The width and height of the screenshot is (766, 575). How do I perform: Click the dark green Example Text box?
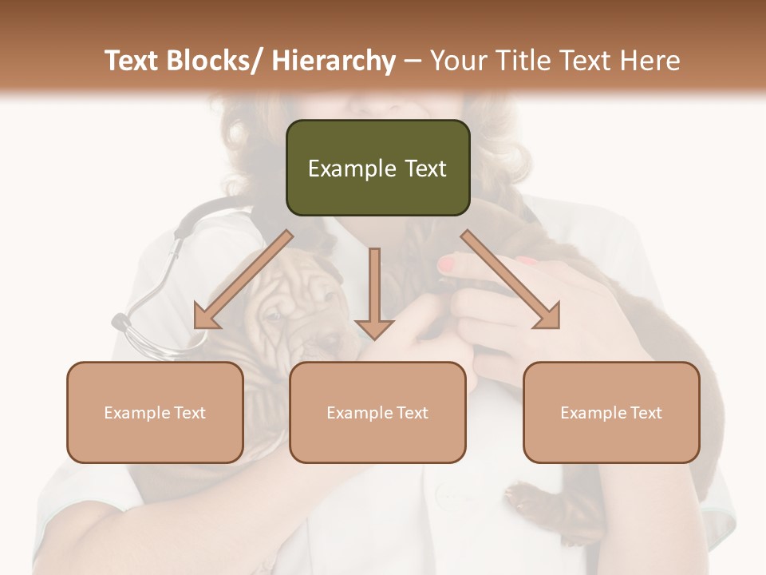click(377, 168)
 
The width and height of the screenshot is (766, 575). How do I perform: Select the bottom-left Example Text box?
click(155, 412)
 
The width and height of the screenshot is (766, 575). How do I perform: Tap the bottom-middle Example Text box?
click(377, 412)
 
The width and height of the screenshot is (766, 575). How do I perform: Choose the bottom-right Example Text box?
click(611, 412)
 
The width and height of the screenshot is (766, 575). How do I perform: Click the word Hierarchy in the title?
click(333, 61)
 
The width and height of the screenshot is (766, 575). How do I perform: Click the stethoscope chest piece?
click(122, 323)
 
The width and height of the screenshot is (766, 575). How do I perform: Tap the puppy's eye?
click(276, 315)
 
